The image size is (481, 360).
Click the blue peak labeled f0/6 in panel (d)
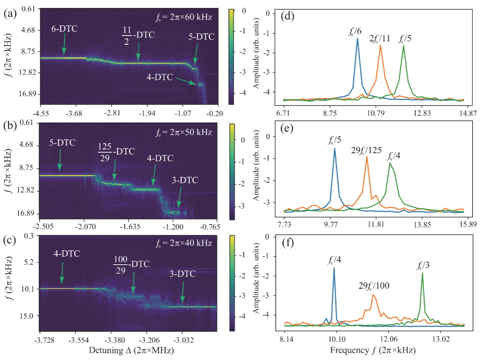click(357, 39)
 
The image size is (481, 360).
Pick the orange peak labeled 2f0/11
click(381, 46)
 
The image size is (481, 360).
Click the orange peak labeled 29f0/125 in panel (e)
click(367, 157)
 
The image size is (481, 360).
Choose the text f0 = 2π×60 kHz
click(184, 18)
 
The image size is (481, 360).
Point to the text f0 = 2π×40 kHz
click(184, 245)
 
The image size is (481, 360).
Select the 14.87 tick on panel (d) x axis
click(464, 113)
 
